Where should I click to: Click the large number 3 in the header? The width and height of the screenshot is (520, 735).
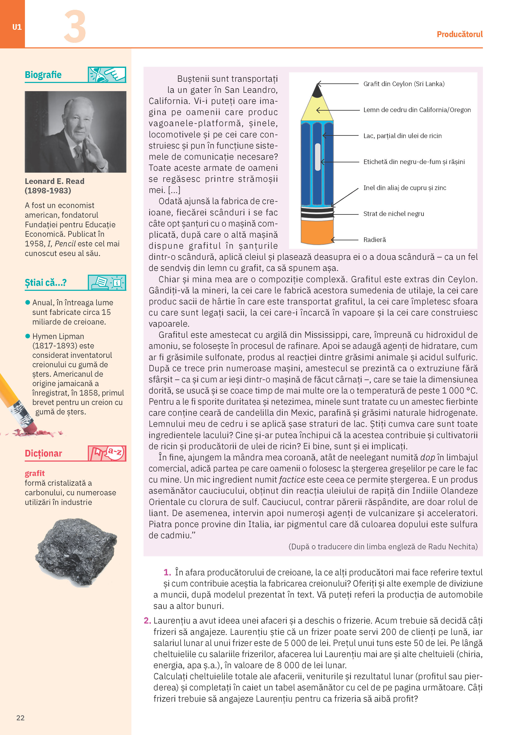[x=75, y=27]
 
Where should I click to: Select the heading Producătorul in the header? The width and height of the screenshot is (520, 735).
[x=459, y=34]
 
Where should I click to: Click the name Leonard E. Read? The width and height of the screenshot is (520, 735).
[x=55, y=181]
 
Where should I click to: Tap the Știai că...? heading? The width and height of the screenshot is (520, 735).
[x=46, y=283]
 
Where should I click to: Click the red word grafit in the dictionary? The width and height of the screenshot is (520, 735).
[x=35, y=473]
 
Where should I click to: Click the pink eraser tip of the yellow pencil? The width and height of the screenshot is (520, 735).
[x=30, y=427]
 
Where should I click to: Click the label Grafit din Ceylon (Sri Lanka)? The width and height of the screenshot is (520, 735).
[x=404, y=84]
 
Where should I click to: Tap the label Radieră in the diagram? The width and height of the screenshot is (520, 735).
[x=375, y=240]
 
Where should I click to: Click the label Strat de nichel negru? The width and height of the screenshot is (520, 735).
[x=394, y=214]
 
